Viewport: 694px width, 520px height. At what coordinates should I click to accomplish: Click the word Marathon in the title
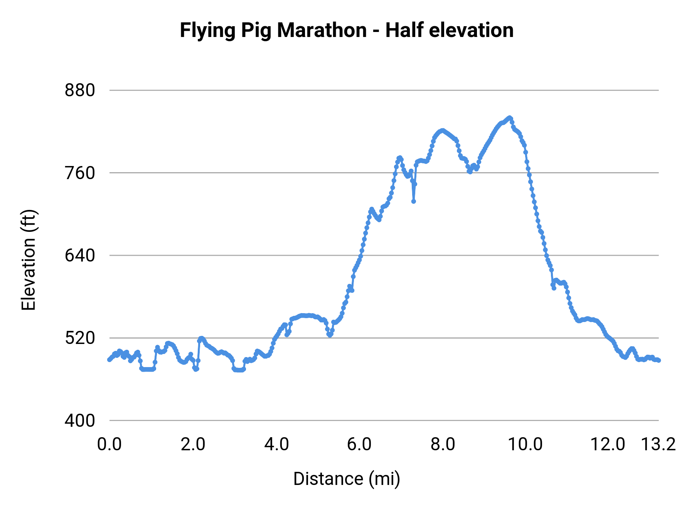click(322, 30)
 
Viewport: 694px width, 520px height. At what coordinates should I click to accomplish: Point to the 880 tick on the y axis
click(80, 91)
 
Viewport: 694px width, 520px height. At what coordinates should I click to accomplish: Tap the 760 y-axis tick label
click(80, 173)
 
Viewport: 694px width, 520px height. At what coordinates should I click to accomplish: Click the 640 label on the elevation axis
click(80, 255)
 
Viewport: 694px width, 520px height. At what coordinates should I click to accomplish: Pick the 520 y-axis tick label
click(80, 338)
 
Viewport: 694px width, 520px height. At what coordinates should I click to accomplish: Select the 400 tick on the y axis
click(80, 421)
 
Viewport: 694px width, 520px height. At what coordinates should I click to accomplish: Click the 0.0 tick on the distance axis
click(109, 445)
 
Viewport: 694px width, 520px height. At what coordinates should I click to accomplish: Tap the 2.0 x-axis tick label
click(193, 445)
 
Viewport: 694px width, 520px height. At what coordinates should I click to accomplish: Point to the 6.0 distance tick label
click(359, 445)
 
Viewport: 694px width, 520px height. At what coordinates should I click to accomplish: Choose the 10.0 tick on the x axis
click(525, 445)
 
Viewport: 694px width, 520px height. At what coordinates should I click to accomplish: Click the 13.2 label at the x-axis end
click(658, 445)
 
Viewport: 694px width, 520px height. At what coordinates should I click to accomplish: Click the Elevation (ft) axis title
click(29, 260)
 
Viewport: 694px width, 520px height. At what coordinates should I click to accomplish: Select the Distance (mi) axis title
click(347, 479)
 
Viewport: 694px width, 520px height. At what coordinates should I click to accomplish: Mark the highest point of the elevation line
click(509, 117)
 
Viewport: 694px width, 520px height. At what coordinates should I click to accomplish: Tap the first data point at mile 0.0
click(109, 360)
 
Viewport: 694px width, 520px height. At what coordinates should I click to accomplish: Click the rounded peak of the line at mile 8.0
click(442, 130)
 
